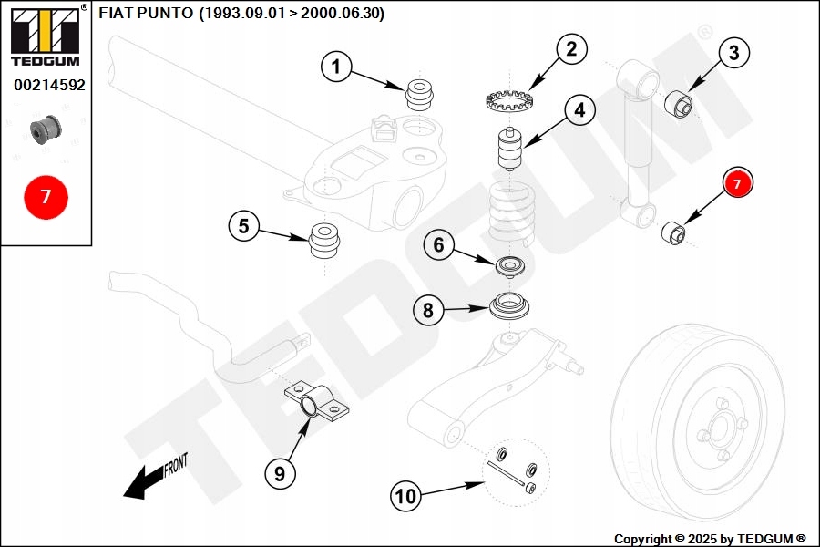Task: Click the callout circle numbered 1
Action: pyautogui.click(x=336, y=66)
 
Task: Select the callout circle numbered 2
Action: pyautogui.click(x=571, y=49)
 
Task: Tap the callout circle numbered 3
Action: pyautogui.click(x=734, y=53)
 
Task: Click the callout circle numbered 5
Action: pyautogui.click(x=243, y=226)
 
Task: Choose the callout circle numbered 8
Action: pyautogui.click(x=428, y=310)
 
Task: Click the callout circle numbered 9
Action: pyautogui.click(x=281, y=472)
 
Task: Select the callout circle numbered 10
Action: pyautogui.click(x=405, y=496)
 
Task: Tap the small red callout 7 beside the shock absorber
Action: pyautogui.click(x=738, y=183)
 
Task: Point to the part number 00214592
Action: pyautogui.click(x=49, y=85)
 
